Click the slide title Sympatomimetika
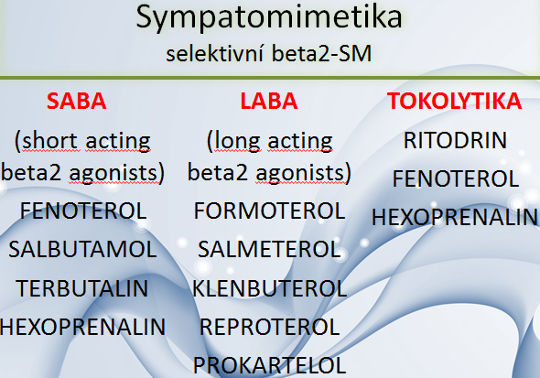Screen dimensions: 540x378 pos(269,17)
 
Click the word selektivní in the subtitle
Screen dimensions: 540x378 pos(215,54)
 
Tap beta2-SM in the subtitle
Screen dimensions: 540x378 pos(321,54)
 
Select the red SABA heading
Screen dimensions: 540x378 pos(77,101)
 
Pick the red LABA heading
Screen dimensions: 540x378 pos(269,101)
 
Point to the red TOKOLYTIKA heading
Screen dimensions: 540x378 pos(455,101)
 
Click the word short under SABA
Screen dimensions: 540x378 pos(49,141)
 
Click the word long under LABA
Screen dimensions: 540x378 pos(237,142)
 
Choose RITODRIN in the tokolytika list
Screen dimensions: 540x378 pos(455,140)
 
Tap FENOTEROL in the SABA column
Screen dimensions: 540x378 pos(83,211)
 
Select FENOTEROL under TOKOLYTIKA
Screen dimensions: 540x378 pos(456,178)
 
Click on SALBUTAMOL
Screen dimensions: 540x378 pos(82,249)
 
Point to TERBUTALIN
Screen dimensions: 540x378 pos(82,288)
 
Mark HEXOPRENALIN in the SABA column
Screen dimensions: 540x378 pos(82,327)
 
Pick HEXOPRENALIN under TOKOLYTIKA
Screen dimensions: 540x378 pos(455,217)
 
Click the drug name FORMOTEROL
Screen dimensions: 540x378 pos(270,211)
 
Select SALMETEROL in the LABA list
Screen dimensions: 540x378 pos(269,249)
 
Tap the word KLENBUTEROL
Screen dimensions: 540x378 pos(269,288)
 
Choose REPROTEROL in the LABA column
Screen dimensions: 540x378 pos(270,327)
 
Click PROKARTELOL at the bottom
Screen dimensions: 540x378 pos(270,365)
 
